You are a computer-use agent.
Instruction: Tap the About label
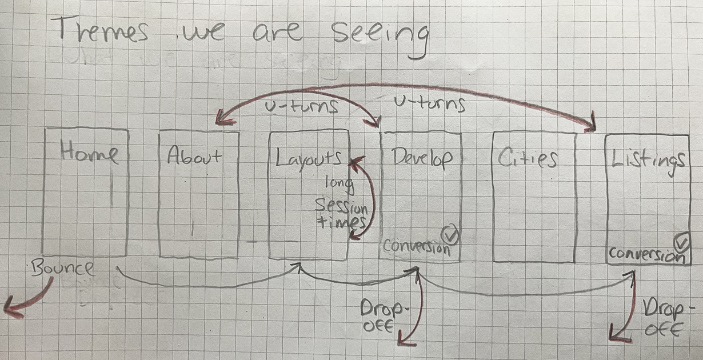[x=194, y=156]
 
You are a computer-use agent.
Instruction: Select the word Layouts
[x=309, y=157]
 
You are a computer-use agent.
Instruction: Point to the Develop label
[x=421, y=157]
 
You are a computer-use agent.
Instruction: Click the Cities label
[x=527, y=158]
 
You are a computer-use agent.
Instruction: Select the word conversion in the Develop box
[x=416, y=247]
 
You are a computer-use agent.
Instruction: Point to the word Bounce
[x=63, y=267]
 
